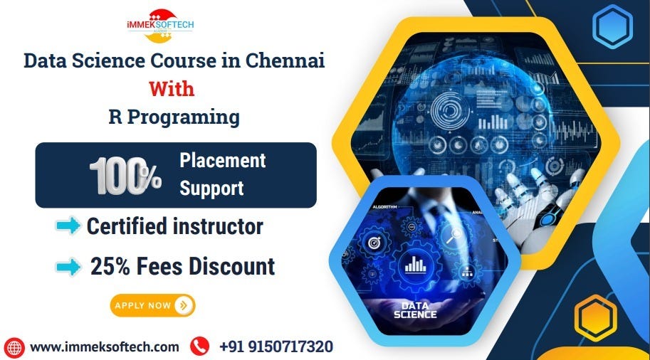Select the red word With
171,89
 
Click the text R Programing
174,117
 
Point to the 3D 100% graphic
125,175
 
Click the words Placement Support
222,174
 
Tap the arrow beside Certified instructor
68,226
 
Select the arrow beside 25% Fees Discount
68,267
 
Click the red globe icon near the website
14,347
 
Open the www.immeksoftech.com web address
104,347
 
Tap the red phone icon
200,347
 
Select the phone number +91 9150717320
276,347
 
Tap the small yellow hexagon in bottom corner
595,317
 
